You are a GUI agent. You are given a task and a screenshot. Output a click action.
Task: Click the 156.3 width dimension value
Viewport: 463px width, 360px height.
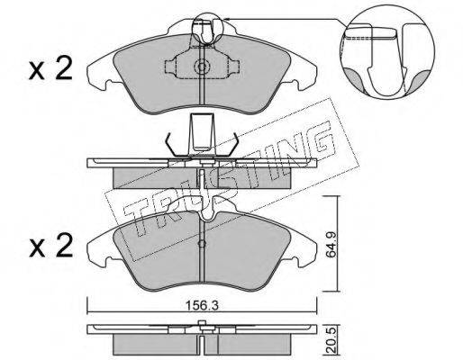202,306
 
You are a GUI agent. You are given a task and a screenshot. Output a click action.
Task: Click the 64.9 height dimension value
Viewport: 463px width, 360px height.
331,243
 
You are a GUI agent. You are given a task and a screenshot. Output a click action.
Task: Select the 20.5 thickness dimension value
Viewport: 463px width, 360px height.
331,341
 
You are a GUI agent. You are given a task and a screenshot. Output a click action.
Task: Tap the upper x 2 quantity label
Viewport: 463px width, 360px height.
50,69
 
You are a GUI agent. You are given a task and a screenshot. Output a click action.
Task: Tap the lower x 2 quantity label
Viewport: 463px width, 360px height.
50,246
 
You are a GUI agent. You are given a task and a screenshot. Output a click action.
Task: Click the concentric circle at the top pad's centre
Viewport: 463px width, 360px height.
202,67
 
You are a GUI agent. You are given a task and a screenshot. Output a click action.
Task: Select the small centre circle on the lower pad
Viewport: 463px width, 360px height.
203,244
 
